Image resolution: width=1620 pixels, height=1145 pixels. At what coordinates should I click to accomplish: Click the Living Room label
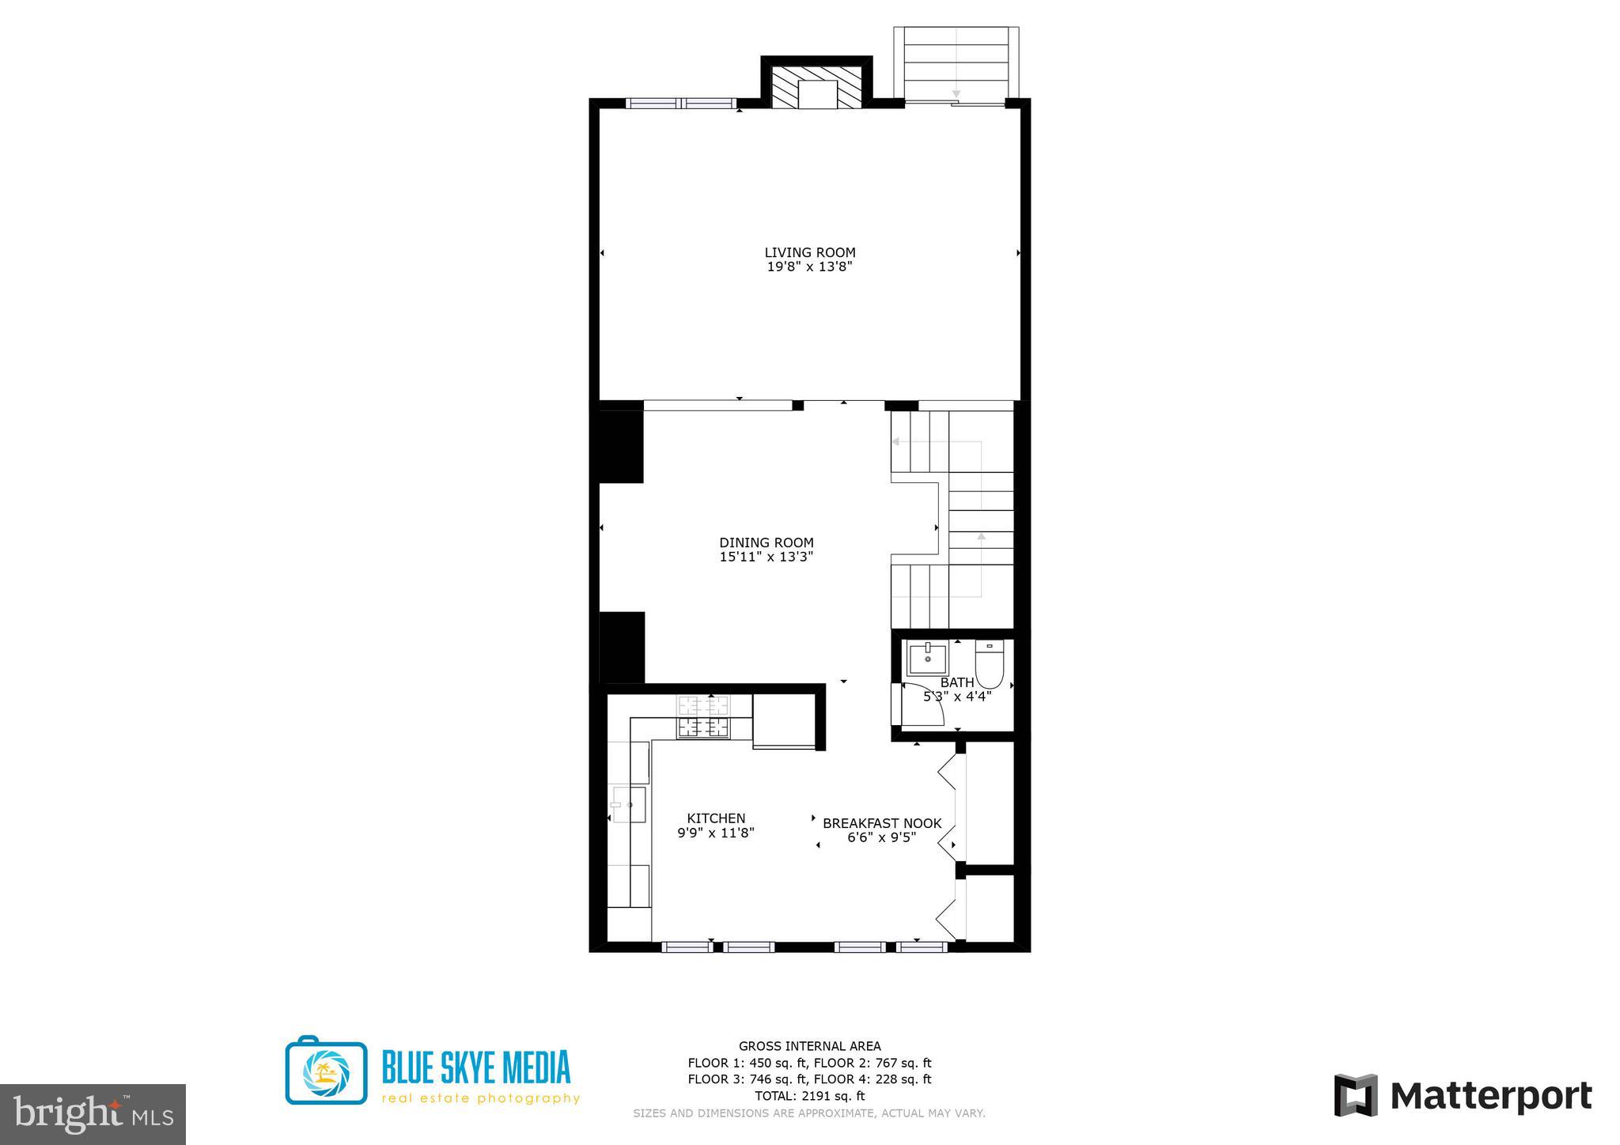pos(809,252)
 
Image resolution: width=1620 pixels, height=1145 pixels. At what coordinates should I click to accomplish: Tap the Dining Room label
pos(766,542)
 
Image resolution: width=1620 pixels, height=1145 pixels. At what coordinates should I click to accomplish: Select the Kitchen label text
pos(716,818)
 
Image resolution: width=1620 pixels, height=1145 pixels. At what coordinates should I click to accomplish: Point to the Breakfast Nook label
pos(882,823)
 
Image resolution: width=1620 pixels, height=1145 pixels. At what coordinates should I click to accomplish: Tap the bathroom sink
pos(926,658)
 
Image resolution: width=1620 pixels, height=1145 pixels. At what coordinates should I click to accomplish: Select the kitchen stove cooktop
pos(702,717)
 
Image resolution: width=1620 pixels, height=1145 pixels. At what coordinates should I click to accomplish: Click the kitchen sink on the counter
pos(629,804)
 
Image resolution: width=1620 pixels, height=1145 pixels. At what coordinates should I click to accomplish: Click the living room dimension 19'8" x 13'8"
pos(809,267)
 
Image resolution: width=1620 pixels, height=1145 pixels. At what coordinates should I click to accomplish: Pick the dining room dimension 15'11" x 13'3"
pos(766,557)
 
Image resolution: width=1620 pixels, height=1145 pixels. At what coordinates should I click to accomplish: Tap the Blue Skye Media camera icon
pos(326,1070)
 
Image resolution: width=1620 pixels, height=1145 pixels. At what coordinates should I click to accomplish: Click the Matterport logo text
pos(1490,1097)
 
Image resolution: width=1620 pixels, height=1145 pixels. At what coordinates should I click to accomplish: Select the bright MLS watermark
pos(93,1115)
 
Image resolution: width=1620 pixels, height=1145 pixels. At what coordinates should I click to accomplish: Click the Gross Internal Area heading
pos(809,1046)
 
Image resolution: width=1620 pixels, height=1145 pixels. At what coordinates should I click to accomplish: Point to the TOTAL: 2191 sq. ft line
pos(809,1096)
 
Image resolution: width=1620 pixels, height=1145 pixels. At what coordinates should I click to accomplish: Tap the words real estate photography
pos(481,1098)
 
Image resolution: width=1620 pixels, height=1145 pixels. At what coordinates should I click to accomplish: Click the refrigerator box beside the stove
pos(783,720)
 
